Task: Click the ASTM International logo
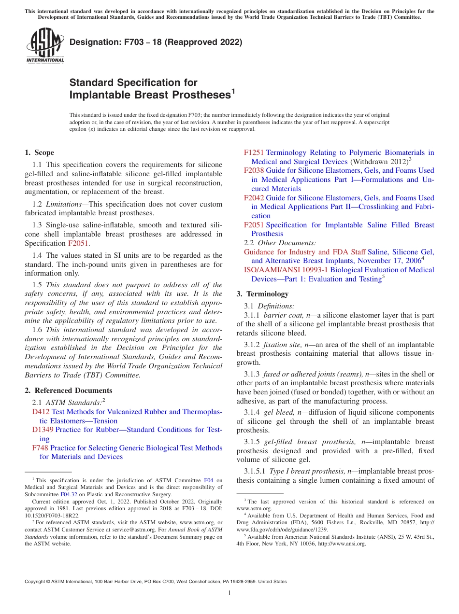tap(45, 47)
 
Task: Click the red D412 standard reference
tap(41, 412)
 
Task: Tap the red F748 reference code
tap(40, 448)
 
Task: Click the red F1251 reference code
tap(254, 153)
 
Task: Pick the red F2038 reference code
tap(254, 170)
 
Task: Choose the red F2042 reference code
tap(254, 198)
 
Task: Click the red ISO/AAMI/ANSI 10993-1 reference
tap(286, 270)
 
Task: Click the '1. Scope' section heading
tap(39, 153)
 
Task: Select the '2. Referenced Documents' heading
tap(68, 391)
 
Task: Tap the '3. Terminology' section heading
tap(262, 294)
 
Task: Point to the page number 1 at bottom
tap(229, 593)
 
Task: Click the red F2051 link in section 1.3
tap(78, 243)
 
